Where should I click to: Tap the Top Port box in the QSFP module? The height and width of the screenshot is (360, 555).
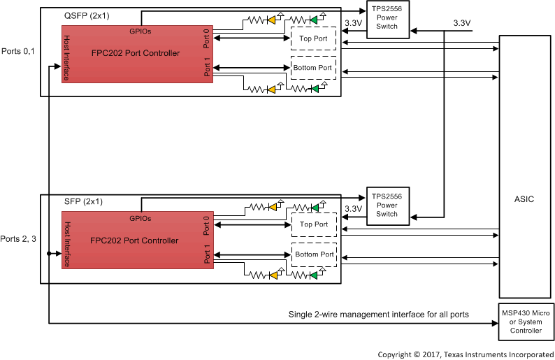click(x=313, y=38)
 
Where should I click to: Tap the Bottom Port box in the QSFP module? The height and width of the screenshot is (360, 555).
click(x=313, y=68)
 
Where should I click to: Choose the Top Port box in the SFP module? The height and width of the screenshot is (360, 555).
click(x=313, y=224)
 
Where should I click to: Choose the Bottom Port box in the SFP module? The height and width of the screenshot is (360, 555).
click(x=313, y=254)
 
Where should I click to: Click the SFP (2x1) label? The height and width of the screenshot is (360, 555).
click(x=83, y=201)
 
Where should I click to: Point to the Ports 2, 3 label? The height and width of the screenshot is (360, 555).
click(x=19, y=239)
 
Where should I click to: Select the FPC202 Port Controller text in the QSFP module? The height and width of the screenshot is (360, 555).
click(x=136, y=53)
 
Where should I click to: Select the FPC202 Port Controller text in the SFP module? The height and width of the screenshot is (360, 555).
click(x=136, y=240)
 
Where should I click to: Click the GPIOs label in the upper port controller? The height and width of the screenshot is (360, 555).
click(x=140, y=31)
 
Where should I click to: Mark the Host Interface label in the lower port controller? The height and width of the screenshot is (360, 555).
click(x=67, y=244)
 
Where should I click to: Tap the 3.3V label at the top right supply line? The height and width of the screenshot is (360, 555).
click(x=461, y=23)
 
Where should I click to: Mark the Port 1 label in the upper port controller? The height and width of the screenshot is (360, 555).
click(x=207, y=69)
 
